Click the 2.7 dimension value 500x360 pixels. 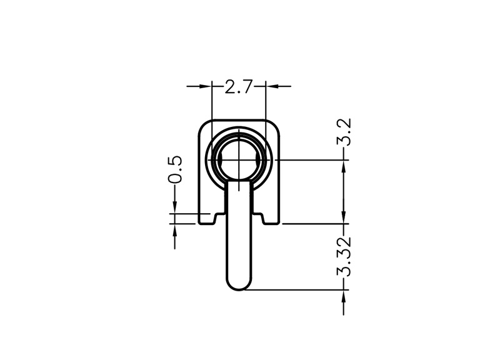(x=239, y=87)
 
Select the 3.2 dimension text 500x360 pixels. (x=344, y=132)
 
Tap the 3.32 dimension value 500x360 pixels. (x=344, y=256)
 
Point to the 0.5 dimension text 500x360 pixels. (x=176, y=169)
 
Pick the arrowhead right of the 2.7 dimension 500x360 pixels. (x=272, y=86)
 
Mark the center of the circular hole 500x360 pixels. (x=239, y=159)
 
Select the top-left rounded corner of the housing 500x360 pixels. (x=204, y=126)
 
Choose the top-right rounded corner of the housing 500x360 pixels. (x=275, y=126)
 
